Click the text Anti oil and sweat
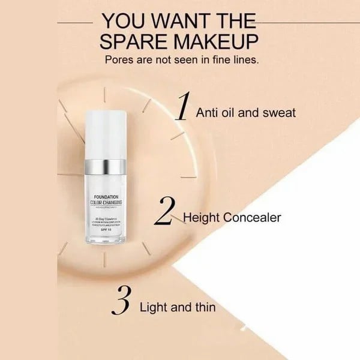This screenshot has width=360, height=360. tap(245, 112)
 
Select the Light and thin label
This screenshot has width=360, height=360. tap(177, 308)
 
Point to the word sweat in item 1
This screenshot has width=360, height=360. tap(279, 112)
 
